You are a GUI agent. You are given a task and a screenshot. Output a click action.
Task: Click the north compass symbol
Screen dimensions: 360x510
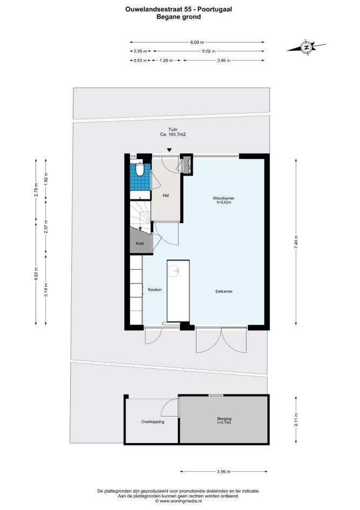(306, 47)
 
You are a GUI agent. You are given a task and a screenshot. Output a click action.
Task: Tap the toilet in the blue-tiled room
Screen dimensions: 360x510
(140, 170)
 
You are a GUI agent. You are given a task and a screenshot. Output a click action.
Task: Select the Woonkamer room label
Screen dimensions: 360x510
(223, 198)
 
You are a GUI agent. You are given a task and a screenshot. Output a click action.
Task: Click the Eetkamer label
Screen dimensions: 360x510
(224, 291)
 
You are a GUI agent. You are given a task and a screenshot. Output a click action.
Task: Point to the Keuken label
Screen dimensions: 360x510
(155, 290)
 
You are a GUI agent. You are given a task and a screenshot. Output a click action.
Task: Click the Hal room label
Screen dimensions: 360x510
(166, 196)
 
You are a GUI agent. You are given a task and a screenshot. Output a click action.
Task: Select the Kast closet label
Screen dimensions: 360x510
(140, 243)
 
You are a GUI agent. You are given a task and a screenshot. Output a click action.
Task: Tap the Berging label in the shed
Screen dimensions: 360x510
(224, 419)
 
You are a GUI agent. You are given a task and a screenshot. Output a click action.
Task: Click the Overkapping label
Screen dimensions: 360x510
(153, 422)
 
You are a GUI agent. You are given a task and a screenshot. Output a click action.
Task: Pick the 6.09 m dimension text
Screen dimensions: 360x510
(197, 42)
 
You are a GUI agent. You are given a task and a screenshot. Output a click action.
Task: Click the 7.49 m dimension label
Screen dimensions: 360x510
(296, 242)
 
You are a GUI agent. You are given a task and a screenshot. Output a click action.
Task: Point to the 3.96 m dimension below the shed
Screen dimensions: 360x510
(224, 472)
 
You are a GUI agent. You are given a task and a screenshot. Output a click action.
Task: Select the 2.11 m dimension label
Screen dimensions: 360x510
(296, 420)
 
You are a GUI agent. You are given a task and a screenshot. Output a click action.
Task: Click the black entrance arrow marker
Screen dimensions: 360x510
(169, 150)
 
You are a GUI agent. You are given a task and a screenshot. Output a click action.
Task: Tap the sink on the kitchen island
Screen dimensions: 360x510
(174, 270)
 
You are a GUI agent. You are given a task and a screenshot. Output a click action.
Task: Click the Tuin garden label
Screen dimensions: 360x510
(173, 130)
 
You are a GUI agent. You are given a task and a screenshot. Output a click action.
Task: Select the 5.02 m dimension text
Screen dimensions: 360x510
(208, 51)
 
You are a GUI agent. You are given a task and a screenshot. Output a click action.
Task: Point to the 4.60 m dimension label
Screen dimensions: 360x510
(36, 273)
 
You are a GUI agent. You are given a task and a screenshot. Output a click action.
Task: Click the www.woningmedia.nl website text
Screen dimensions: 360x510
(181, 501)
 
